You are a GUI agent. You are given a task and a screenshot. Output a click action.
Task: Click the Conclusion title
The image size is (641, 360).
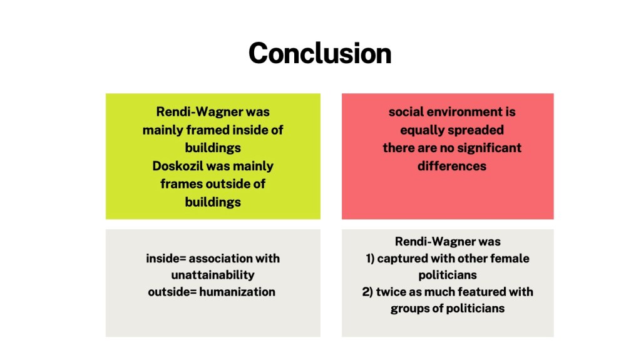tap(320, 54)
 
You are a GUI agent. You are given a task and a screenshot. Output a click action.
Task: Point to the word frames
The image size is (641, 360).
tap(182, 184)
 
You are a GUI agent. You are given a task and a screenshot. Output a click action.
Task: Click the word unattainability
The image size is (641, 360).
tap(213, 275)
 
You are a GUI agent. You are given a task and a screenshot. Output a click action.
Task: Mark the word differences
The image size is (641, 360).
tap(452, 166)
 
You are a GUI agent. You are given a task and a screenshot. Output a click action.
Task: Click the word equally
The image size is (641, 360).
tap(423, 130)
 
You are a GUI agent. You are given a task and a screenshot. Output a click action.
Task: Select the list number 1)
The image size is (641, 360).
tap(370, 259)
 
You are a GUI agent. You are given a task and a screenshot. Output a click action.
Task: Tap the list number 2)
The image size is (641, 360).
tap(367, 292)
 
